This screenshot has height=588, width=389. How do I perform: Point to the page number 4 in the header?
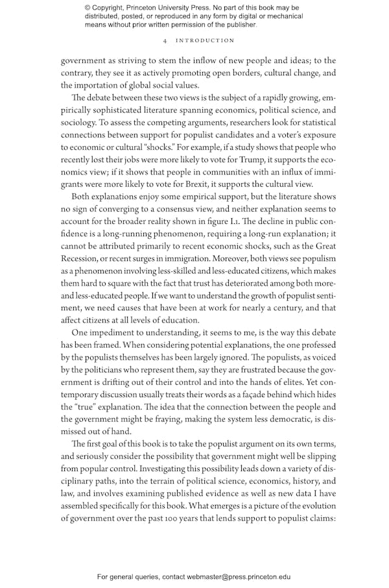(167, 40)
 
